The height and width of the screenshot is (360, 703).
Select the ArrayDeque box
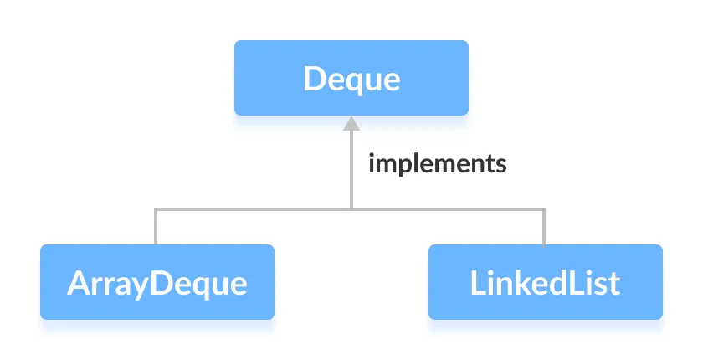(x=157, y=282)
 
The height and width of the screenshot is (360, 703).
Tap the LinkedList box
(x=546, y=282)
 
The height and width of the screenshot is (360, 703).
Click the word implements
(x=438, y=163)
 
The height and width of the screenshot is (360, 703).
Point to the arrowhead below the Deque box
(x=351, y=124)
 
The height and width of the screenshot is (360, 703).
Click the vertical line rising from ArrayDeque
(x=157, y=226)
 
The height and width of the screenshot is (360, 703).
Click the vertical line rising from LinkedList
(x=545, y=226)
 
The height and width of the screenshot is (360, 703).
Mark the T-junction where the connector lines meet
(x=351, y=208)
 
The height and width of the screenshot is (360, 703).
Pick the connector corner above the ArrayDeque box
(x=157, y=208)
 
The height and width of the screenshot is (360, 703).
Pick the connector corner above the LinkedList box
(x=545, y=208)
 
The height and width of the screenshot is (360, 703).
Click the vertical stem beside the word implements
(x=351, y=167)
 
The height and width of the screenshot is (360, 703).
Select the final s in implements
(x=501, y=164)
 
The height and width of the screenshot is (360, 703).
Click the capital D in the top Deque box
(x=315, y=80)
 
